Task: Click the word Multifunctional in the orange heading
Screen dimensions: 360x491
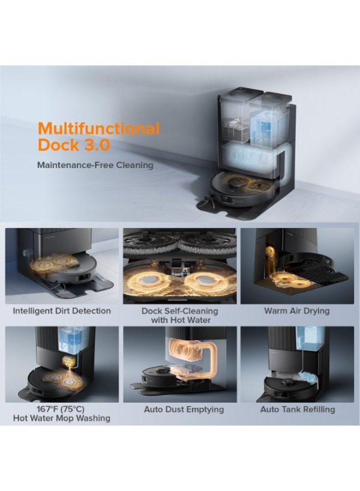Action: pyautogui.click(x=98, y=128)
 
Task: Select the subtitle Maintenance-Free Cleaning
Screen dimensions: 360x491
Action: pyautogui.click(x=95, y=165)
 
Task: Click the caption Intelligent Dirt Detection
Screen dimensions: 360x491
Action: pyautogui.click(x=62, y=311)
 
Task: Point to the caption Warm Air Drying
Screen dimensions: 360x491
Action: pyautogui.click(x=297, y=311)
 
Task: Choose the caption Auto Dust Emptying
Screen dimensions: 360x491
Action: pyautogui.click(x=184, y=409)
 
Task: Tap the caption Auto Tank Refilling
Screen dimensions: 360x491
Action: pyautogui.click(x=298, y=409)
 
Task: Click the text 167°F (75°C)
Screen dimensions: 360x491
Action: pyautogui.click(x=61, y=409)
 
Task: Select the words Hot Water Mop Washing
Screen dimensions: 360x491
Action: pyautogui.click(x=62, y=418)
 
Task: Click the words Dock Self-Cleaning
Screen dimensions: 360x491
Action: pyautogui.click(x=179, y=311)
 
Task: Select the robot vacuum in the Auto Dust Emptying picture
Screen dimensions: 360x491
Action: pyautogui.click(x=163, y=376)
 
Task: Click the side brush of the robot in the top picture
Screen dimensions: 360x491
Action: pyautogui.click(x=207, y=199)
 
